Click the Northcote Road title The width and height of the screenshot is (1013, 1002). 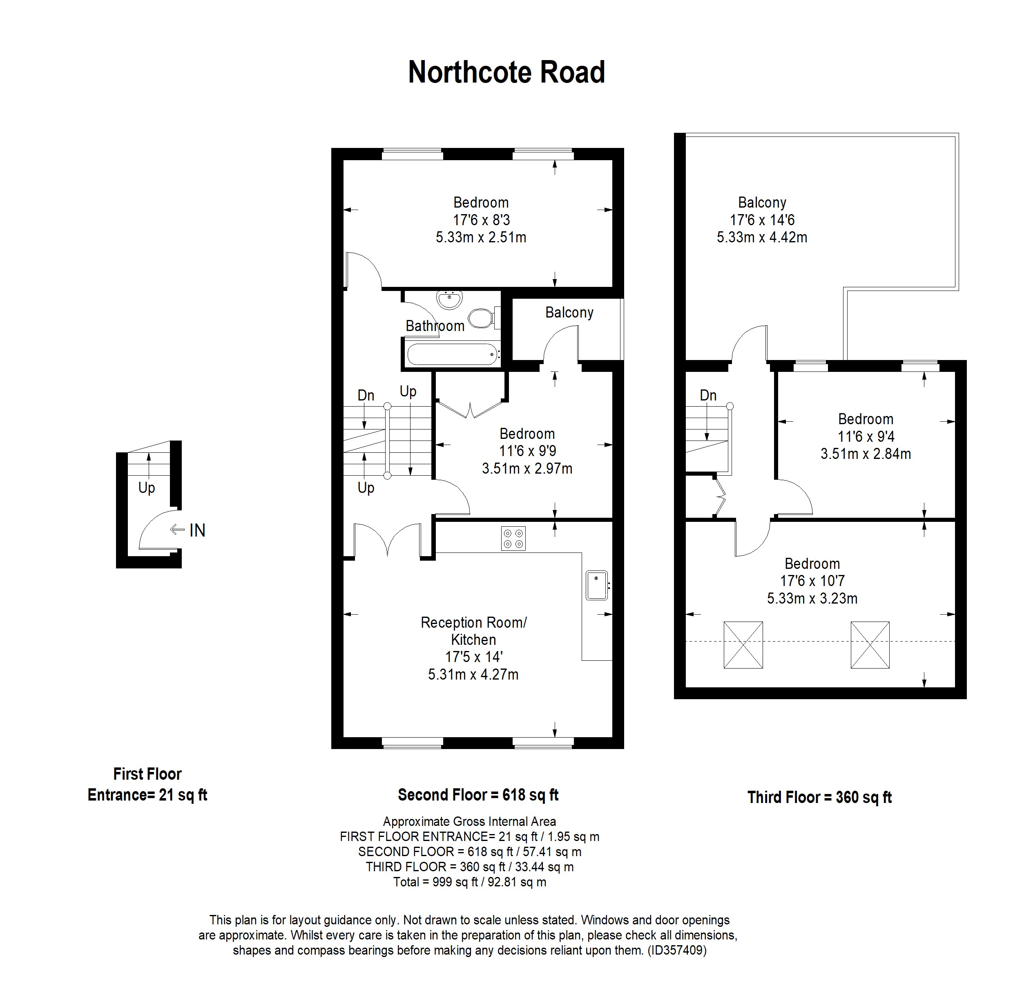[506, 72]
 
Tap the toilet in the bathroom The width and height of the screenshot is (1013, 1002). [481, 318]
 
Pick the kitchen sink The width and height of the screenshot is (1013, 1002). [596, 585]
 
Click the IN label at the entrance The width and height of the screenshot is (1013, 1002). [197, 530]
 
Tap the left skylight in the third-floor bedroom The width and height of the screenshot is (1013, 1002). [743, 645]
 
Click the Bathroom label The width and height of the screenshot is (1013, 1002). [435, 326]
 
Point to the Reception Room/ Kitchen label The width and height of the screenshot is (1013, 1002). [473, 631]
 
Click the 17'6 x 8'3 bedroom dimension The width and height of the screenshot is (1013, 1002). [481, 220]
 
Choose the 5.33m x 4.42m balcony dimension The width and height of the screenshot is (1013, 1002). [761, 237]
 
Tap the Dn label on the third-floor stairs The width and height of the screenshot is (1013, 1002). [708, 395]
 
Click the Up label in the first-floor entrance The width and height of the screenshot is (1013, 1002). [146, 488]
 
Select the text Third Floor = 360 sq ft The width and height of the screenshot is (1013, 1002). [819, 797]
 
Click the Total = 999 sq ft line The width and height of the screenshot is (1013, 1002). [469, 882]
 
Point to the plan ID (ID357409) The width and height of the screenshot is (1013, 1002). [677, 950]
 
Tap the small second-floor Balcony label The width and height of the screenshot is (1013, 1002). [569, 313]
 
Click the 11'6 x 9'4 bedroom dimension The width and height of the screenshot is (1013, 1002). [865, 436]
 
